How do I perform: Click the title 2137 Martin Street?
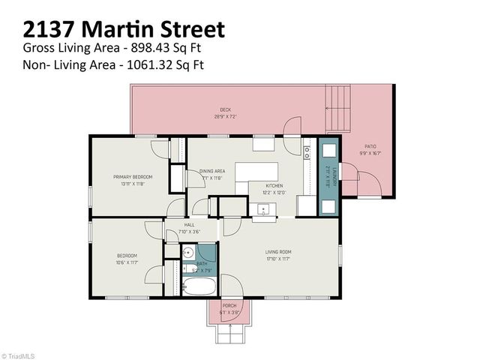click(124, 29)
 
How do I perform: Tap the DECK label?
click(226, 109)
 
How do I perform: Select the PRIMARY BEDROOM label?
click(128, 177)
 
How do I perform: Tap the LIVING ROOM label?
click(277, 252)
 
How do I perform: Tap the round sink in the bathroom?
click(188, 253)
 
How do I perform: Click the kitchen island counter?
click(256, 173)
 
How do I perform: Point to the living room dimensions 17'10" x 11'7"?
click(277, 259)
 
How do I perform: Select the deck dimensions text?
click(226, 117)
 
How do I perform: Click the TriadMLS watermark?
click(19, 355)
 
